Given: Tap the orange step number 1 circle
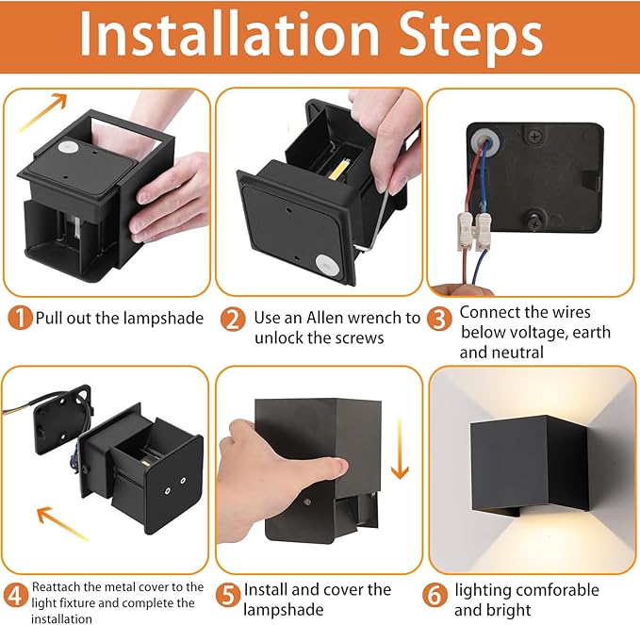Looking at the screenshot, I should (x=20, y=318).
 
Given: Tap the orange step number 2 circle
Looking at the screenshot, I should (x=233, y=319).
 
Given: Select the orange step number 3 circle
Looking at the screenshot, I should (x=439, y=319).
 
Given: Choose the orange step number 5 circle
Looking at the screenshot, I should (x=227, y=594).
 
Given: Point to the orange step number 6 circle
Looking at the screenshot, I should (x=435, y=594).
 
